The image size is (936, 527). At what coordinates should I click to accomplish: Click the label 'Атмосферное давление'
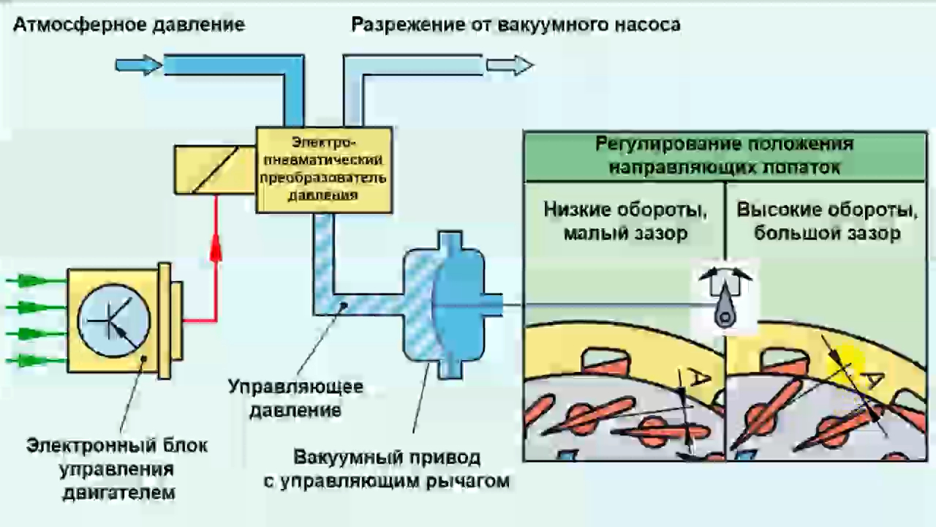(129, 25)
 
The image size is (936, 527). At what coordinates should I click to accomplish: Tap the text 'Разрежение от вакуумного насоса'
(516, 25)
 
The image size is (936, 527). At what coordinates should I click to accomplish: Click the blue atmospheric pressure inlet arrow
(138, 65)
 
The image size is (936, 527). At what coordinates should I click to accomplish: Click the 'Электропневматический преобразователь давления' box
(323, 169)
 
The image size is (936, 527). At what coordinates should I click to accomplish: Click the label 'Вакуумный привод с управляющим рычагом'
(387, 470)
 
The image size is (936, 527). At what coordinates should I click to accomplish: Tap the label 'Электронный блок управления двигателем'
(117, 468)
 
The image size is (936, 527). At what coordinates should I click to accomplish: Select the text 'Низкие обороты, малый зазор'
(625, 222)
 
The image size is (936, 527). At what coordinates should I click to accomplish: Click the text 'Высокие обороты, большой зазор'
(827, 222)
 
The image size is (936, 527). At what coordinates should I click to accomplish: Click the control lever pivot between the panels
(725, 317)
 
